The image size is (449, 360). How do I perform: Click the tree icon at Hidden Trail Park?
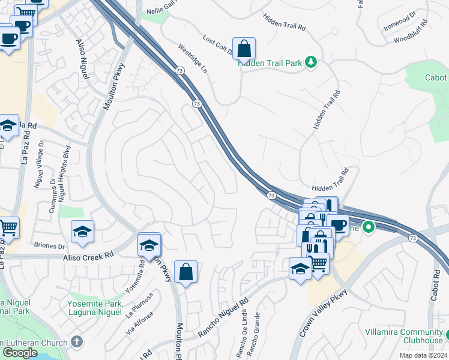click(311, 62)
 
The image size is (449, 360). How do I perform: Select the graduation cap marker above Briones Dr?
click(82, 232)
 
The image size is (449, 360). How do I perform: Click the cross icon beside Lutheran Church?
click(76, 341)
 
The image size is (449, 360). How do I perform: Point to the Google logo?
click(19, 352)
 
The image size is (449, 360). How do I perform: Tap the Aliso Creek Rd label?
click(88, 257)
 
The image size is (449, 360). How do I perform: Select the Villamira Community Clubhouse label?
click(403, 336)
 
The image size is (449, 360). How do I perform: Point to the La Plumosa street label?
click(140, 304)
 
